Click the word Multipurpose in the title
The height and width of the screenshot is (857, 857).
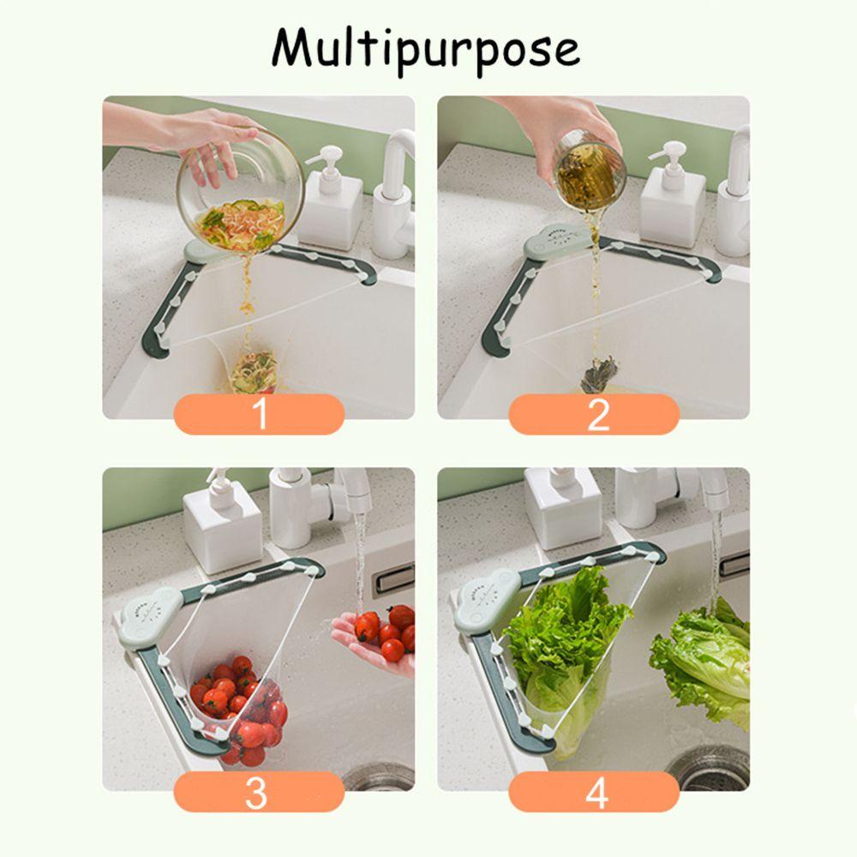pos(426,49)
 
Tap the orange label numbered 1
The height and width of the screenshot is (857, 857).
pos(259,416)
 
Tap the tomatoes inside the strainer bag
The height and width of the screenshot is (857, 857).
pos(240,707)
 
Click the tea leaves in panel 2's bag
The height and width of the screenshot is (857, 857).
pos(598,373)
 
